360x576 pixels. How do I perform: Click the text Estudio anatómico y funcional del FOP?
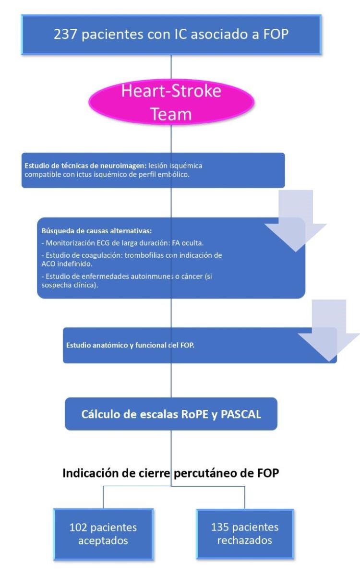point(130,345)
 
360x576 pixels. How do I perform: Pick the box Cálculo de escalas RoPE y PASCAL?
point(171,414)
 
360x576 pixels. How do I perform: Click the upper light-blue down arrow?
point(296,218)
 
